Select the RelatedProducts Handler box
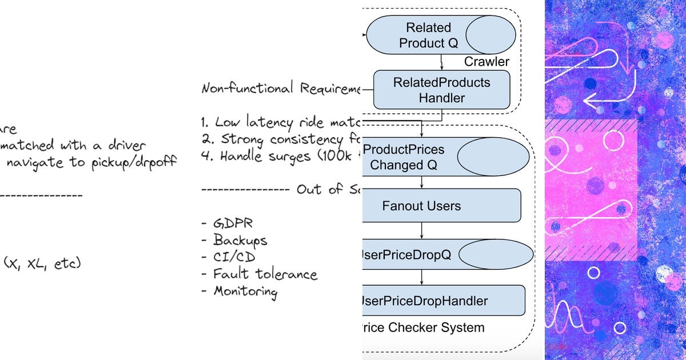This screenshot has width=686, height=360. pos(441,90)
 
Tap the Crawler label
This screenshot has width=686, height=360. pos(486,61)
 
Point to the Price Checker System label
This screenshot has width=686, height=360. pos(423,327)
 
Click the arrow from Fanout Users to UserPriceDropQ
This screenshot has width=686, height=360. pos(422,230)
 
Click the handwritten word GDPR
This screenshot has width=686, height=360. pos(228,223)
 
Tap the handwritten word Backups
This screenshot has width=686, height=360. pos(240,240)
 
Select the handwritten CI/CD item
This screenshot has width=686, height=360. pos(234,257)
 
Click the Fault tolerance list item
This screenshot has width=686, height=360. pos(265,274)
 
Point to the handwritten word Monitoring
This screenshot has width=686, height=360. pos(245,291)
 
